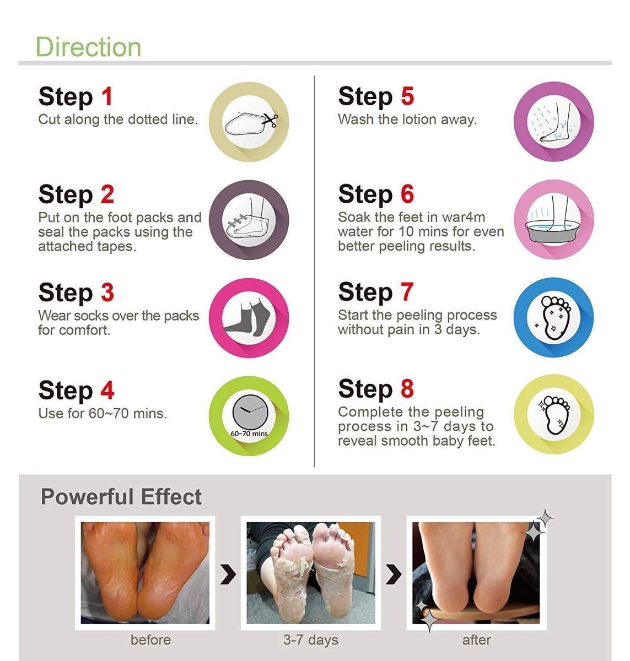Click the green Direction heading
88,47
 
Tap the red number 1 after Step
107,96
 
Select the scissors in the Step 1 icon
271,120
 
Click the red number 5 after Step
407,96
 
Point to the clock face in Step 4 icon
250,412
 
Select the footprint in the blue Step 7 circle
554,317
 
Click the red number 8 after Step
407,388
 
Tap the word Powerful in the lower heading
87,497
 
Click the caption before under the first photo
150,640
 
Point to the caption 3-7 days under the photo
311,640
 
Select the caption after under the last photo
477,640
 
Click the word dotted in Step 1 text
147,120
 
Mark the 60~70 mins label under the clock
249,434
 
